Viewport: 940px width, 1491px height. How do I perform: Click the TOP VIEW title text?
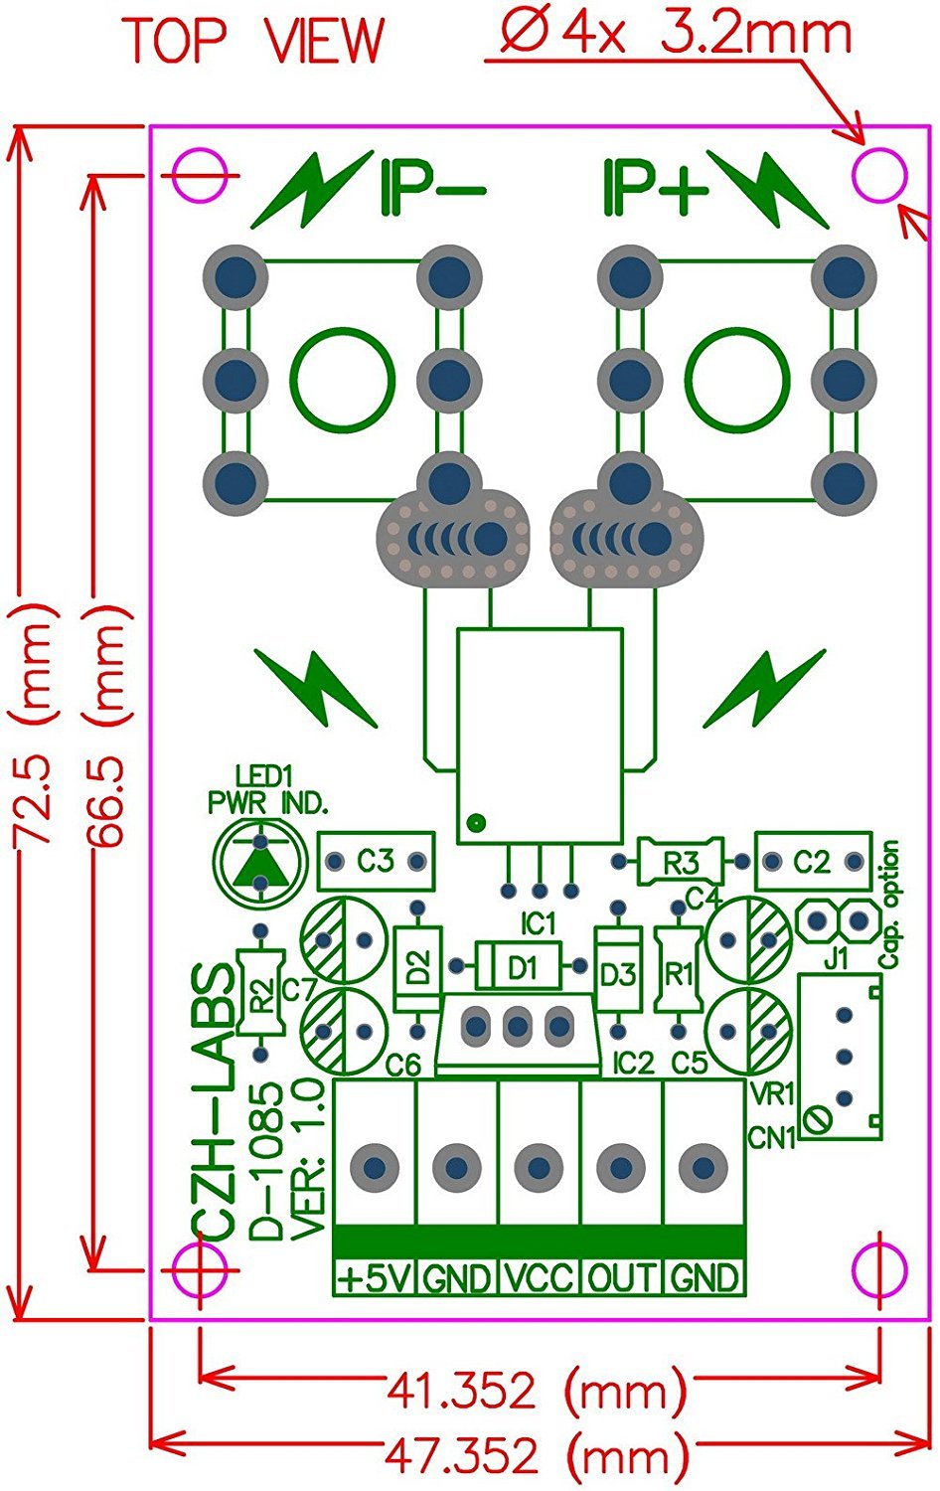point(253,40)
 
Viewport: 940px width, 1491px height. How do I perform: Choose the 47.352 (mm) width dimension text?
point(536,1457)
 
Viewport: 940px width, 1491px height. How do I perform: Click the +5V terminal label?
point(374,1277)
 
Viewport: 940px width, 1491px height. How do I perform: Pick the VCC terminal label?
point(538,1277)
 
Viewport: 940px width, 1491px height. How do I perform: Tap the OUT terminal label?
point(621,1277)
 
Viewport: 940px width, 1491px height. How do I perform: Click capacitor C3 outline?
point(376,861)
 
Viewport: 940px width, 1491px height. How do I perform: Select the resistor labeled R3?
point(681,862)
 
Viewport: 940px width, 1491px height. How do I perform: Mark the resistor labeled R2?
point(260,993)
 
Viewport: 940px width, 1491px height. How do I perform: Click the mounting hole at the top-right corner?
point(880,175)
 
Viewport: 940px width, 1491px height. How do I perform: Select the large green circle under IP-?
point(342,379)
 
